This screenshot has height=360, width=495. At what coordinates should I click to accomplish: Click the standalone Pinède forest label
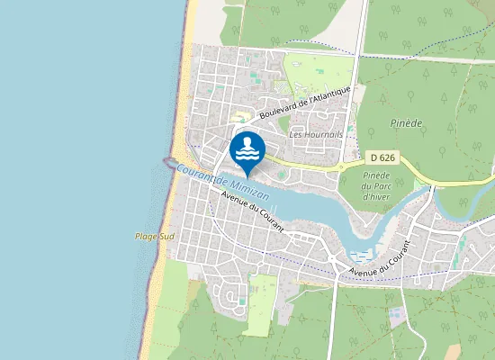407,121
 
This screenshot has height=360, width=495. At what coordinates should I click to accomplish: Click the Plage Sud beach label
155,237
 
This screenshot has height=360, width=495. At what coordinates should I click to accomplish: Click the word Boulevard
275,112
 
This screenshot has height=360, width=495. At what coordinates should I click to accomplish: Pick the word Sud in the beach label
166,237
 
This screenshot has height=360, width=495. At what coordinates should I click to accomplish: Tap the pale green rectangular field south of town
261,301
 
